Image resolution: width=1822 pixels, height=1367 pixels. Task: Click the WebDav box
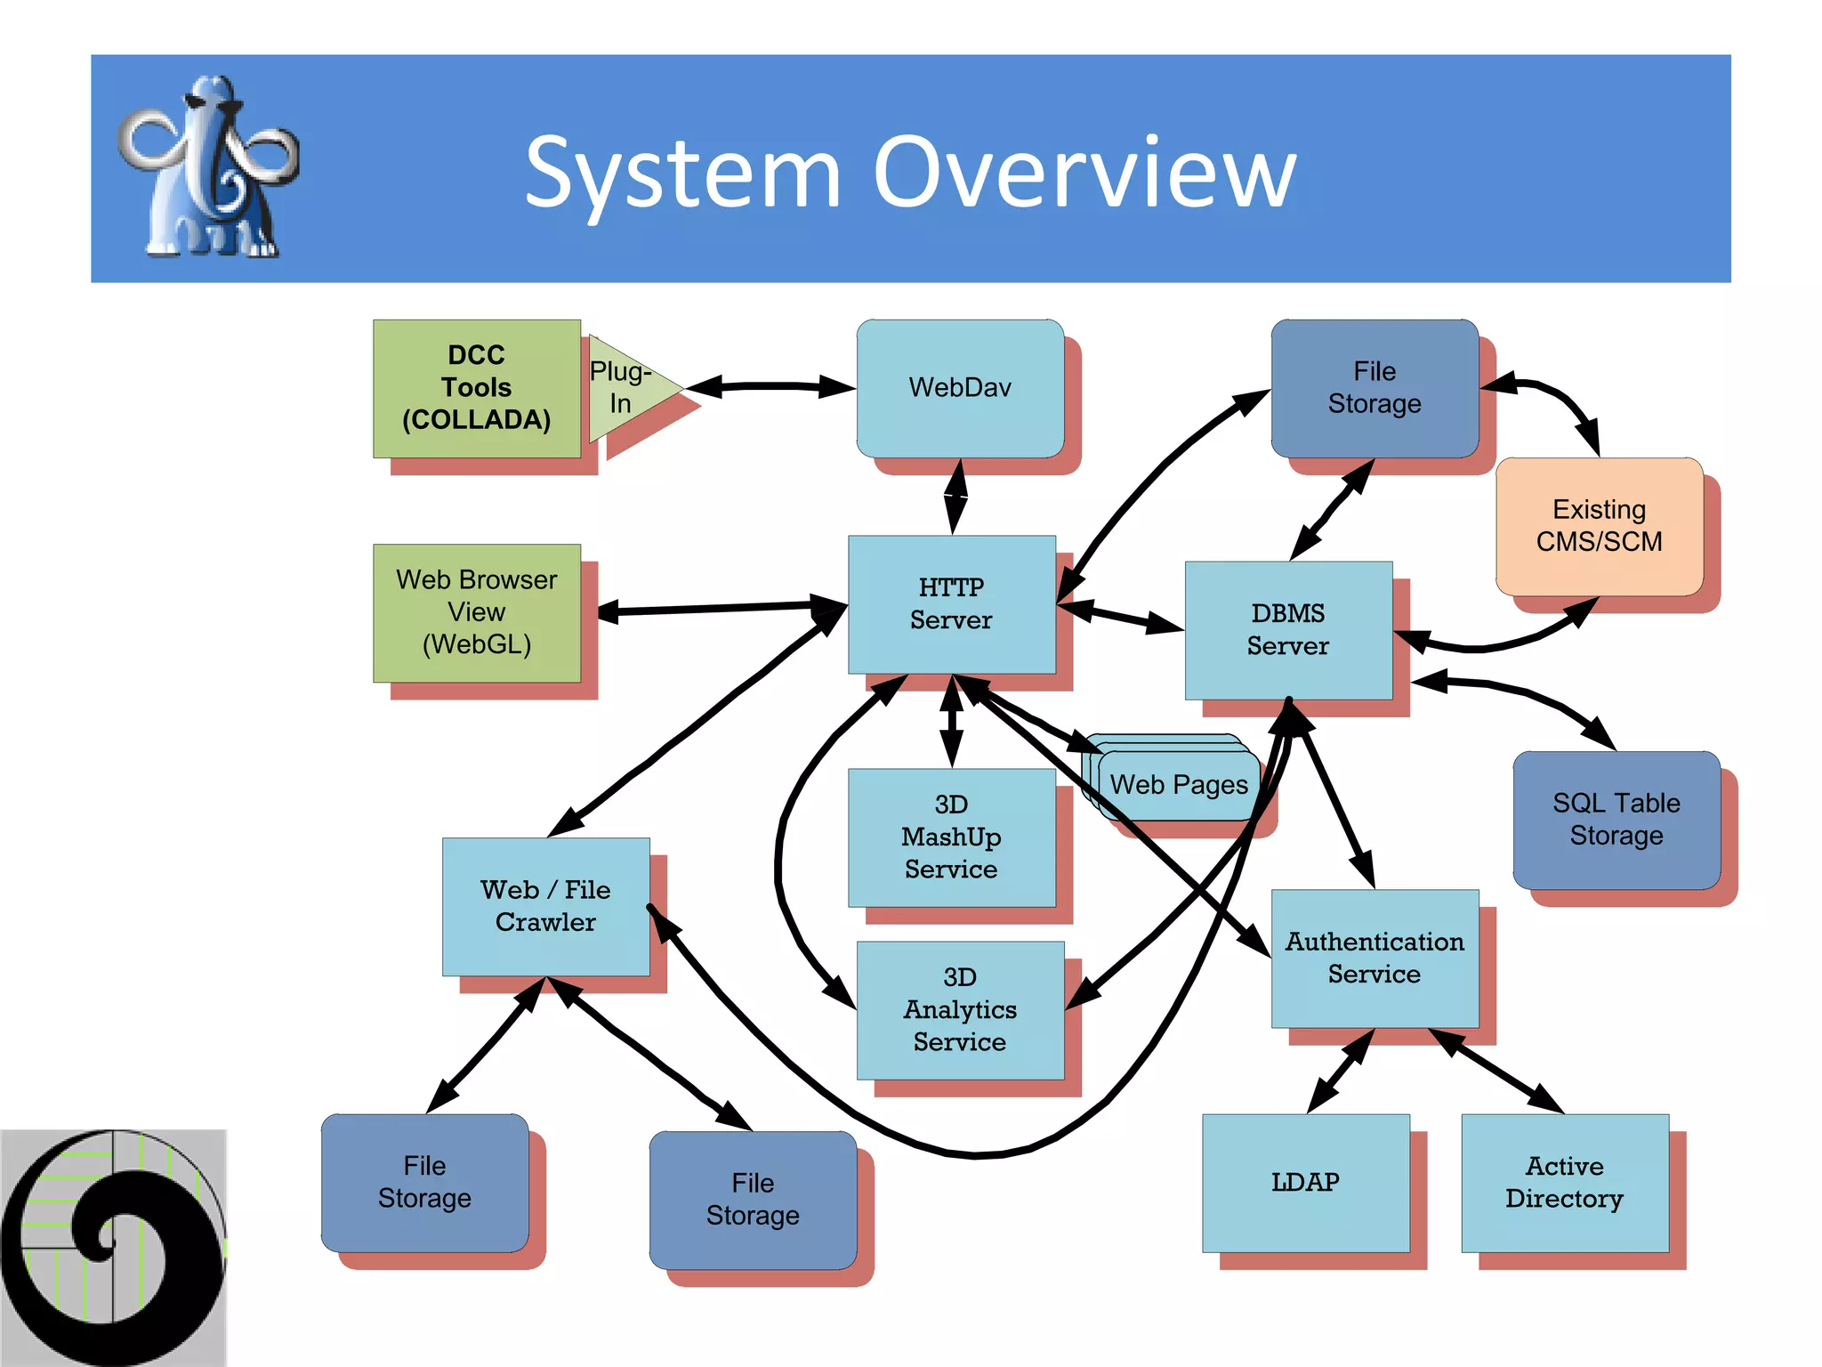pyautogui.click(x=960, y=388)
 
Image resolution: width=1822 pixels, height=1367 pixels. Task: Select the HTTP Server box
pyautogui.click(x=951, y=604)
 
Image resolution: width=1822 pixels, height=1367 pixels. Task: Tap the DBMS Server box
pyautogui.click(x=1287, y=630)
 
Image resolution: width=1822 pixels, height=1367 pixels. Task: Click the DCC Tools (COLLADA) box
pyautogui.click(x=476, y=388)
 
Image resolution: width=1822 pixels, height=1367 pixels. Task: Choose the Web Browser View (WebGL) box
pyautogui.click(x=476, y=612)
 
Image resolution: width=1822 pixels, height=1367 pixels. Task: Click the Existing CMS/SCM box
pyautogui.click(x=1599, y=526)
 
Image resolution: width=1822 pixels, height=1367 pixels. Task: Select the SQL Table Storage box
pyautogui.click(x=1616, y=820)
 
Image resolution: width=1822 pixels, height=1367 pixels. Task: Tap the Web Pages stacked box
pyautogui.click(x=1179, y=785)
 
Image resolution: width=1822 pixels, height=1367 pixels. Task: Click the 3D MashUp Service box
pyautogui.click(x=951, y=837)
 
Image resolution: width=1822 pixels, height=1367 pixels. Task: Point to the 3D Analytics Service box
pyautogui.click(x=959, y=1010)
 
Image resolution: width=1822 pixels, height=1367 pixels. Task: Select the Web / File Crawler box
pyautogui.click(x=545, y=906)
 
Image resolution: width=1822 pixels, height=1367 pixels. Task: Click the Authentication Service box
pyautogui.click(x=1374, y=958)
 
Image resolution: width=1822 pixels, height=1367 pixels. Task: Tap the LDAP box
pyautogui.click(x=1305, y=1183)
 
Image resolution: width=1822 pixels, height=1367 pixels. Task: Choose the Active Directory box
pyautogui.click(x=1564, y=1183)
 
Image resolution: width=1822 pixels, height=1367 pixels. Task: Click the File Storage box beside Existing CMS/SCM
pyautogui.click(x=1374, y=388)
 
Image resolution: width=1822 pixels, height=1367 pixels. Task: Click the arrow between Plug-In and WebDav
pyautogui.click(x=770, y=386)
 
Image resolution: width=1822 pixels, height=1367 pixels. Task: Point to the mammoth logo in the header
pyautogui.click(x=208, y=168)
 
